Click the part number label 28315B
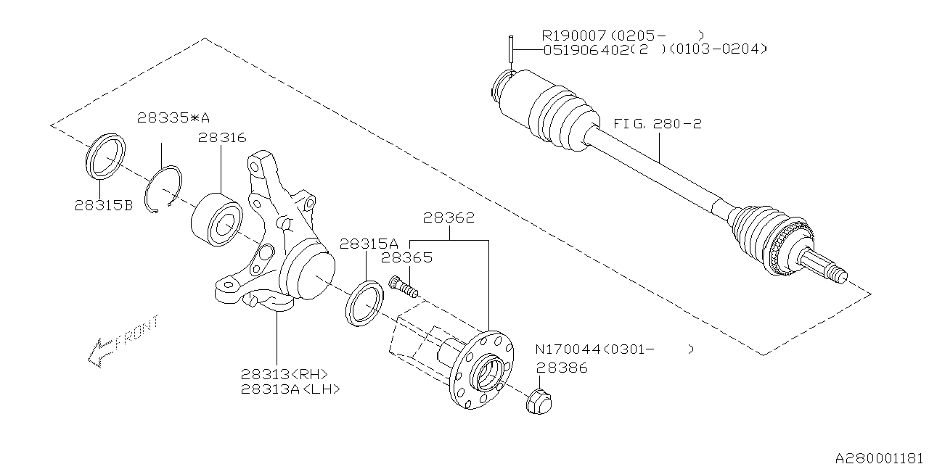tap(103, 205)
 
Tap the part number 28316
tap(222, 137)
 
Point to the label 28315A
tap(369, 244)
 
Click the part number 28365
tap(407, 257)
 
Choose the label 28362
tap(449, 217)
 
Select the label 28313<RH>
tap(285, 374)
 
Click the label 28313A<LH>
tap(290, 389)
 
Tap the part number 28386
tap(562, 368)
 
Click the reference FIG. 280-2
tap(658, 124)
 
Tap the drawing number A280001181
tap(880, 457)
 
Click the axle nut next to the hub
tap(539, 401)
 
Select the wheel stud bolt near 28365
tap(404, 287)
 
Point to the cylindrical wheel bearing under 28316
tap(216, 218)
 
